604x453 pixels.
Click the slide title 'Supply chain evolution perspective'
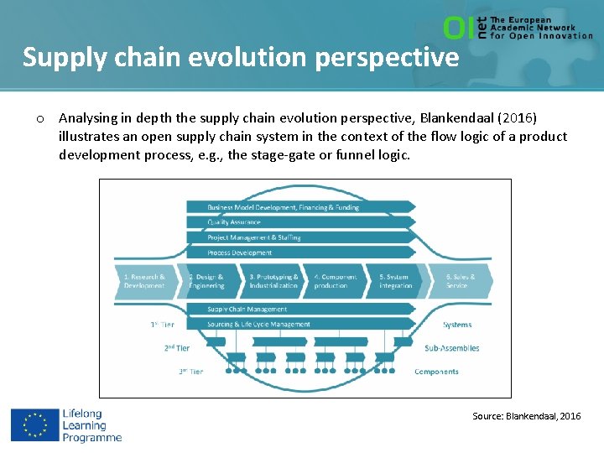pos(241,57)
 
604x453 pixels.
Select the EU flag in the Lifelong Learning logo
pos(34,425)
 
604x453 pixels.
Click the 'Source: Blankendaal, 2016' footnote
pos(526,416)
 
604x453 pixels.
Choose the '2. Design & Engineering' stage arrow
pos(210,281)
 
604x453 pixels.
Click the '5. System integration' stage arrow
pos(397,281)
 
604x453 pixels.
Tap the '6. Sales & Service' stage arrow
pos(460,281)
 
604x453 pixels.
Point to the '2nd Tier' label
pos(177,347)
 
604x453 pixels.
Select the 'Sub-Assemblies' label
pos(451,348)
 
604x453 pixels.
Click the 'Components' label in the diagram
pos(436,372)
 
